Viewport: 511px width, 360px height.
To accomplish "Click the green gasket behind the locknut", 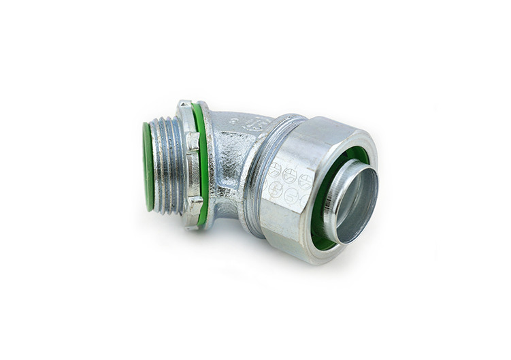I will tap(201, 160).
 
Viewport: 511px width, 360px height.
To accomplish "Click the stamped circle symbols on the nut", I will tap(290, 182).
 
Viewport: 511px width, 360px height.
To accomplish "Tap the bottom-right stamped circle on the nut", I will tap(302, 197).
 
